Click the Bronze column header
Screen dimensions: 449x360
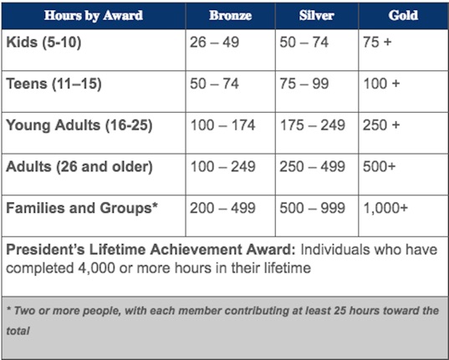click(x=230, y=16)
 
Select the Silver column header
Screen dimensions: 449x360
click(x=316, y=16)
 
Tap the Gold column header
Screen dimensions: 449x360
click(x=403, y=16)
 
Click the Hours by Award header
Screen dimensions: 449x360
click(x=94, y=16)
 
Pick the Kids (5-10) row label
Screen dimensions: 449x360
click(x=43, y=43)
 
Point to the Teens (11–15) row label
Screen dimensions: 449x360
click(x=54, y=84)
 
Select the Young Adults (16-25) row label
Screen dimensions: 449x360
click(x=79, y=125)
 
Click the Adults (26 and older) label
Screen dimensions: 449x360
click(x=79, y=167)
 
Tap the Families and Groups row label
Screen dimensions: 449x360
click(x=82, y=208)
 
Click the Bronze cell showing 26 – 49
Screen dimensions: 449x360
click(x=214, y=43)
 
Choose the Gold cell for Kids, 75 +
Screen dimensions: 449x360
click(x=377, y=43)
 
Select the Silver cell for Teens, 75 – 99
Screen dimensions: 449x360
click(x=304, y=84)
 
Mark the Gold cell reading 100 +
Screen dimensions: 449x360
click(x=381, y=84)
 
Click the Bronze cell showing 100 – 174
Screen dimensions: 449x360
click(x=222, y=125)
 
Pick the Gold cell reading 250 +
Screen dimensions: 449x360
click(x=381, y=125)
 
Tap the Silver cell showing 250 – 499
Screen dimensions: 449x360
click(x=312, y=166)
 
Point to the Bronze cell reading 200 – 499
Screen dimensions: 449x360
click(x=222, y=208)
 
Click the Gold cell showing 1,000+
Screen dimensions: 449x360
click(x=385, y=208)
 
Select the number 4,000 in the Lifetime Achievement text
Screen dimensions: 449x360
click(x=96, y=268)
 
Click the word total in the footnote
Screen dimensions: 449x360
click(x=18, y=331)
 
